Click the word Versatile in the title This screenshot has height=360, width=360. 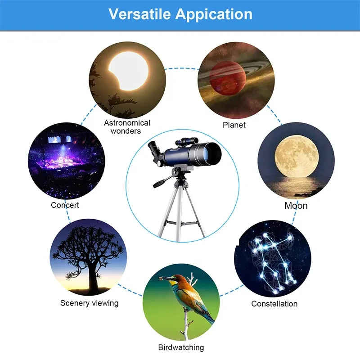pos(139,14)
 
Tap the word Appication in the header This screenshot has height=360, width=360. pos(214,14)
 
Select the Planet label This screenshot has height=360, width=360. pos(234,125)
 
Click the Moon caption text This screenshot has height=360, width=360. pos(296,206)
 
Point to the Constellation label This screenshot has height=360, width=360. pos(274,304)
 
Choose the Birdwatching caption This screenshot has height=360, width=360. pos(181,347)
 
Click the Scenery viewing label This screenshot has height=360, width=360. pos(89,303)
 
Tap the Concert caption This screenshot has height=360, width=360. pos(65,205)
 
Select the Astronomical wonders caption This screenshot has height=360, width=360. pos(127,127)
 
